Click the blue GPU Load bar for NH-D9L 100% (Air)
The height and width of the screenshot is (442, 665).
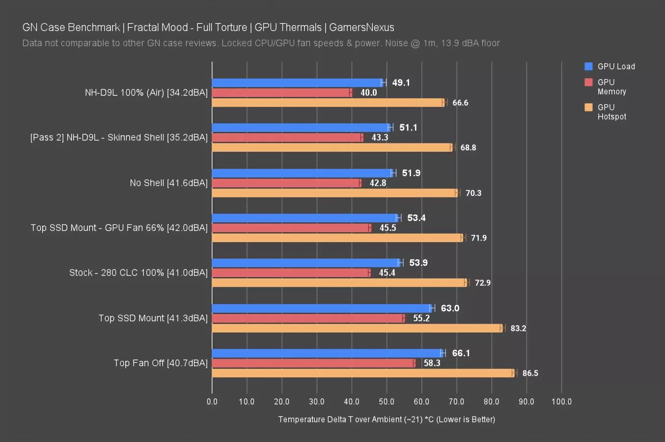297,83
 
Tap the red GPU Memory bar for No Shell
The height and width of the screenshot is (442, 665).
286,183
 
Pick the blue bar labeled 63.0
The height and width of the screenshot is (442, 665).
322,308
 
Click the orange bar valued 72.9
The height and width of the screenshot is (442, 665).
339,283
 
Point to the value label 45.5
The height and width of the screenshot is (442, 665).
388,228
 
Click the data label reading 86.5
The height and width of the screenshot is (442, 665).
530,373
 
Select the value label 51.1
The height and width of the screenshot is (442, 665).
408,128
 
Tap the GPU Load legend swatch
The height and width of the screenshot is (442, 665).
588,66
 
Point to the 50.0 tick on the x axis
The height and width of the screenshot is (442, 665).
387,402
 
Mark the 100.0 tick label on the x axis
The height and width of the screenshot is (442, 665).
561,402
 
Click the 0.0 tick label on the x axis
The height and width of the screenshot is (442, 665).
212,402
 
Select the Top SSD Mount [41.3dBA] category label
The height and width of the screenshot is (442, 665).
153,318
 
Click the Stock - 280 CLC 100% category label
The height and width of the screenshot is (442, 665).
138,273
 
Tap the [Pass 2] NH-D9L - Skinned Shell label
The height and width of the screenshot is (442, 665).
119,138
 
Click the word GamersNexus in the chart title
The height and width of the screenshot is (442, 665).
361,28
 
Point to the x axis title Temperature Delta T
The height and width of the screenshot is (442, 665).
387,419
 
